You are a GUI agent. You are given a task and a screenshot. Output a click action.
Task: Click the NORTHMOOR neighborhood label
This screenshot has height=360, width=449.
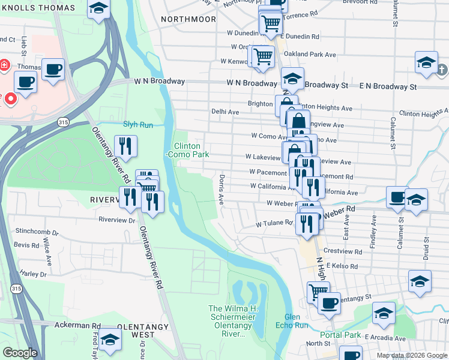[x=188, y=19]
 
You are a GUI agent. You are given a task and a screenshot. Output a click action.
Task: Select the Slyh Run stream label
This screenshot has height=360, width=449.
[x=138, y=125]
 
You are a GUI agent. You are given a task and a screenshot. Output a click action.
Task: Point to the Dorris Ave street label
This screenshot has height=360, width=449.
[x=221, y=189]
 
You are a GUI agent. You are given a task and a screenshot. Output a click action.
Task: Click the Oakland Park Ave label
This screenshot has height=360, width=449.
[x=311, y=55]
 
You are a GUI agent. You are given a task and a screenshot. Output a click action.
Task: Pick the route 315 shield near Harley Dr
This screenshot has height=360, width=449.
[x=14, y=289]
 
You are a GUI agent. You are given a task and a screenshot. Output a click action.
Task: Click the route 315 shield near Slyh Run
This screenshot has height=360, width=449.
[x=63, y=122]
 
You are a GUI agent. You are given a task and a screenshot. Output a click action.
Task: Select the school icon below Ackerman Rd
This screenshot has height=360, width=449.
[x=110, y=340]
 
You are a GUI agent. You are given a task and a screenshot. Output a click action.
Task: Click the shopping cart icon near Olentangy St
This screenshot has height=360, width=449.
[x=318, y=292]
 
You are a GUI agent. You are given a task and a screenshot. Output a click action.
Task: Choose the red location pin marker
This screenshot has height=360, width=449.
[x=11, y=100]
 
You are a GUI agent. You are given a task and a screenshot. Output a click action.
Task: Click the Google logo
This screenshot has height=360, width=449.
[x=20, y=353]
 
